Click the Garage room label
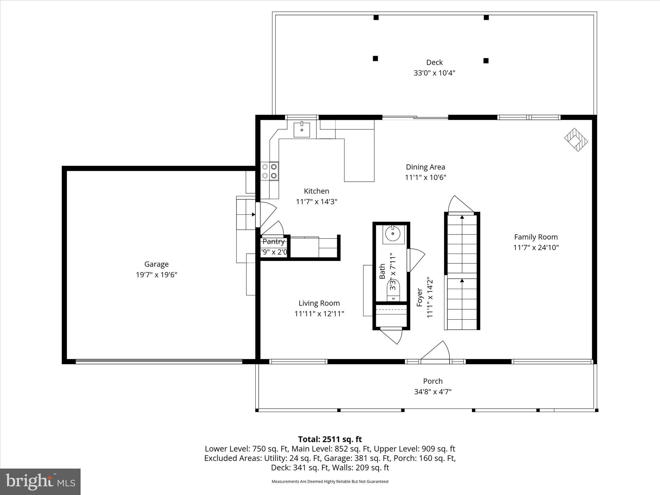click(156, 264)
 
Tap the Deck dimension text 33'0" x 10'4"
click(434, 73)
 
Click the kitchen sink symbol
click(302, 130)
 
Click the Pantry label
click(274, 241)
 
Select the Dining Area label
click(425, 167)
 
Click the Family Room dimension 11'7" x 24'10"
click(536, 247)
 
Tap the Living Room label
click(319, 303)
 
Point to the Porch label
click(432, 381)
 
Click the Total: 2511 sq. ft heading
click(330, 439)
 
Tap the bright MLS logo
click(40, 481)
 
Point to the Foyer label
click(420, 297)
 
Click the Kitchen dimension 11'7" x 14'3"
click(316, 202)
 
